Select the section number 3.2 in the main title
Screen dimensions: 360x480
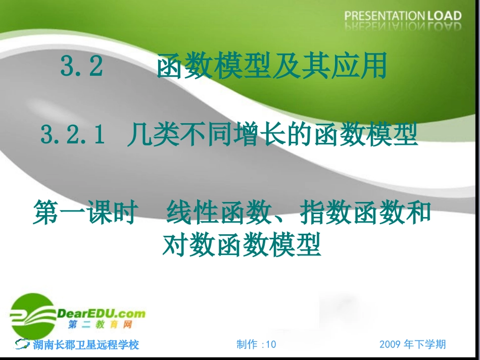pos(82,67)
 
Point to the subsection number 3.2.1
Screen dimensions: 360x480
pos(73,136)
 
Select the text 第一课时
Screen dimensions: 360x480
pos(85,214)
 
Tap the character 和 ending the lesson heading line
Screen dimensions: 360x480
pos(419,214)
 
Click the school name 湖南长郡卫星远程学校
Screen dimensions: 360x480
pos(86,345)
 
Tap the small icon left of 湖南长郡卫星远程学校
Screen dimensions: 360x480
pos(23,344)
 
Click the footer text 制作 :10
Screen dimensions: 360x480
pos(256,344)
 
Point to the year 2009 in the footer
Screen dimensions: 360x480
pos(391,344)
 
